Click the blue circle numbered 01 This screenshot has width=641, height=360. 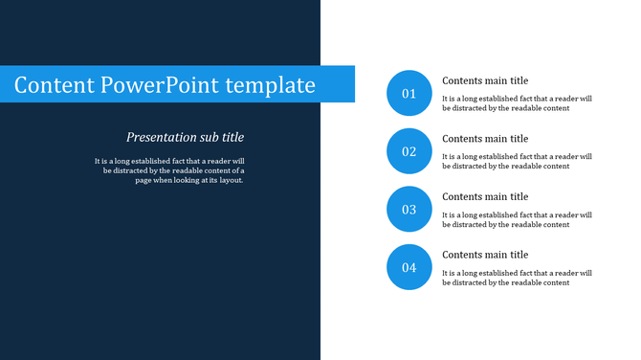[x=409, y=93]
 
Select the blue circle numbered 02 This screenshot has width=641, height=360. [x=409, y=151]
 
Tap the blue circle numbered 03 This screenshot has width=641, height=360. [x=409, y=209]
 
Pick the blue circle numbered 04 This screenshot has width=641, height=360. [x=409, y=267]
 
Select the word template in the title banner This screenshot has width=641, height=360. [x=271, y=85]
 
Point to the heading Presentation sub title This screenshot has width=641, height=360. [x=185, y=137]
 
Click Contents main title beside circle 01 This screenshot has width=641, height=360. [x=485, y=80]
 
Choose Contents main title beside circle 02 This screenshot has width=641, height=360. [x=485, y=139]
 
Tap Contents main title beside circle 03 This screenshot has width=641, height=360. [x=485, y=196]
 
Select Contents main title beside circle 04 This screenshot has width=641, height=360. [x=485, y=255]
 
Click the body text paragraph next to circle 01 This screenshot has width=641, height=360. [x=517, y=103]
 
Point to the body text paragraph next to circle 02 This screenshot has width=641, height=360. [x=517, y=161]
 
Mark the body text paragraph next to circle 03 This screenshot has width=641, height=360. [x=517, y=219]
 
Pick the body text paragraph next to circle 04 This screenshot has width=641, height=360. [x=517, y=278]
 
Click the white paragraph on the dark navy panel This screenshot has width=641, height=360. [x=170, y=169]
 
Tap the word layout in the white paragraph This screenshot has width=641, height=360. [x=231, y=180]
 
